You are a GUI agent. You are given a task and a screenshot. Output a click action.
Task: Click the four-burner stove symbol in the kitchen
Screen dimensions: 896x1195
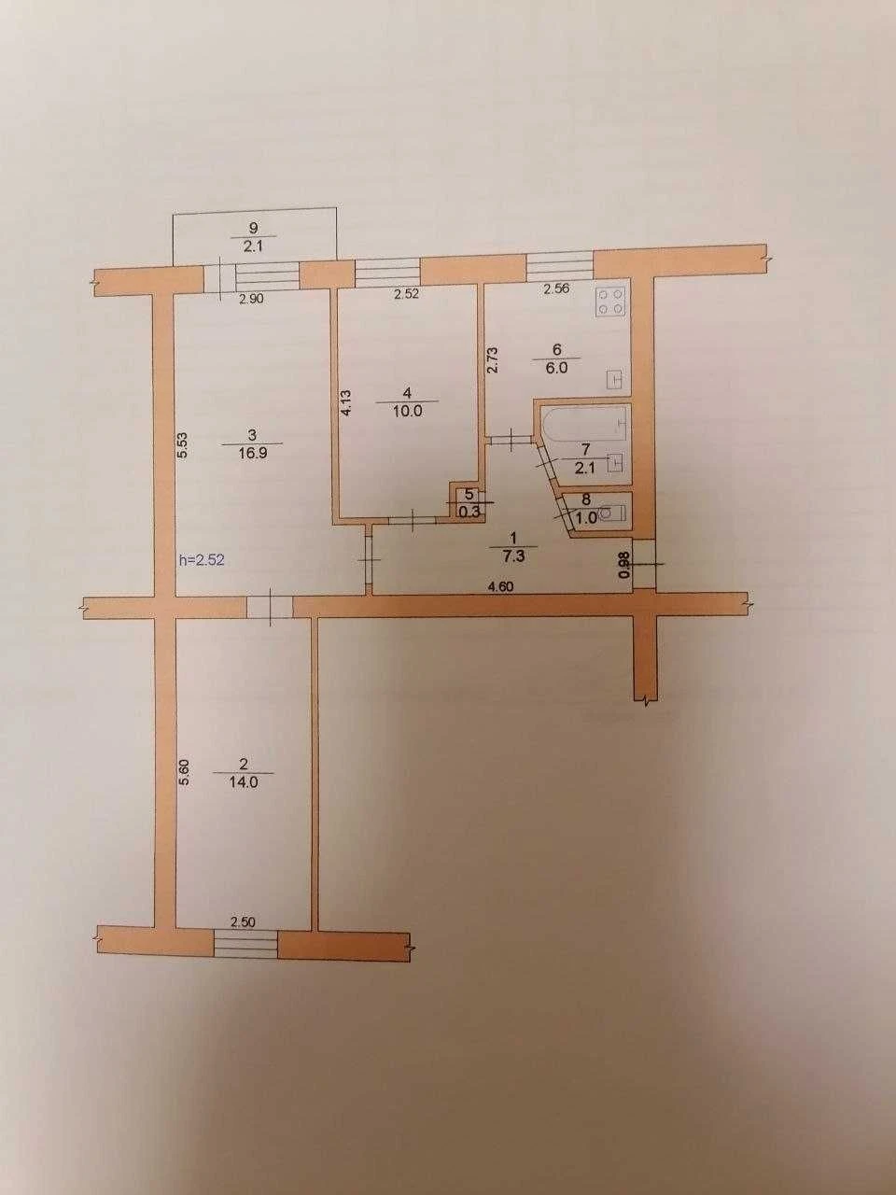click(612, 302)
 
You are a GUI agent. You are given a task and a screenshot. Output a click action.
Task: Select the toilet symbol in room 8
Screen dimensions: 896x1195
click(613, 513)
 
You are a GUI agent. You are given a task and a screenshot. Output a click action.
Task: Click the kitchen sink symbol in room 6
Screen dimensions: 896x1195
click(615, 379)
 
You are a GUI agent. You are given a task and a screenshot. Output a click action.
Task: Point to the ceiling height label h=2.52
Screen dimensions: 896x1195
click(202, 559)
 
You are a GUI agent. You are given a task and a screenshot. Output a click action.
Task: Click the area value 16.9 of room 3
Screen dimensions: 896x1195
click(252, 453)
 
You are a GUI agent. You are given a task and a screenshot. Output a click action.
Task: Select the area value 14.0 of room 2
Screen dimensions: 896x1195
click(244, 782)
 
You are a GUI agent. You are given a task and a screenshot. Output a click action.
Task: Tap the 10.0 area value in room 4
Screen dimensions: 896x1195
click(408, 411)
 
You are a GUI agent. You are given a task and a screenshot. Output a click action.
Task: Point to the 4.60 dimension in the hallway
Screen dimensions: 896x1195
click(501, 586)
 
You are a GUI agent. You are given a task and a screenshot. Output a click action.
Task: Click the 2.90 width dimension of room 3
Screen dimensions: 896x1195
click(251, 298)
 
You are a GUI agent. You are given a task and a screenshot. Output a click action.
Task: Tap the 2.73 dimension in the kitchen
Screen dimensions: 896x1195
click(492, 360)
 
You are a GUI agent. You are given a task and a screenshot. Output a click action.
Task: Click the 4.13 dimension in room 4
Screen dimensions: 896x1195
click(346, 403)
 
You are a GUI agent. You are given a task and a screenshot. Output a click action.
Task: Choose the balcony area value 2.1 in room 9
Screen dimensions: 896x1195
click(253, 246)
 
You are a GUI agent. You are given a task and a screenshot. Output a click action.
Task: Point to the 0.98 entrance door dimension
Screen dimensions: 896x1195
click(624, 565)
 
